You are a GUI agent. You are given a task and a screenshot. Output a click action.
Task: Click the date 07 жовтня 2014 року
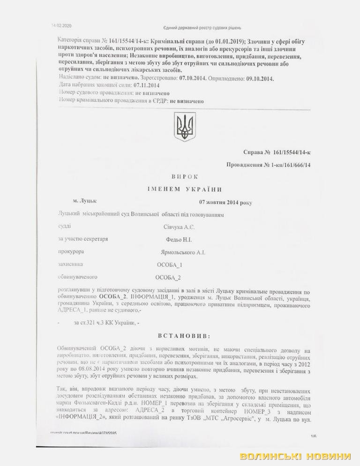225,203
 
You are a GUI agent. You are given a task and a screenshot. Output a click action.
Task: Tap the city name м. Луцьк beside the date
84,202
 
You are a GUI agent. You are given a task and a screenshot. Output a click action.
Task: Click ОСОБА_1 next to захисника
169,265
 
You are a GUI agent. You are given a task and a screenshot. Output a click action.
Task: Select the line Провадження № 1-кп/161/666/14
269,165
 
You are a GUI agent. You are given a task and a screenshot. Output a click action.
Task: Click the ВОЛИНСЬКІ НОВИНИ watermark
295,456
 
